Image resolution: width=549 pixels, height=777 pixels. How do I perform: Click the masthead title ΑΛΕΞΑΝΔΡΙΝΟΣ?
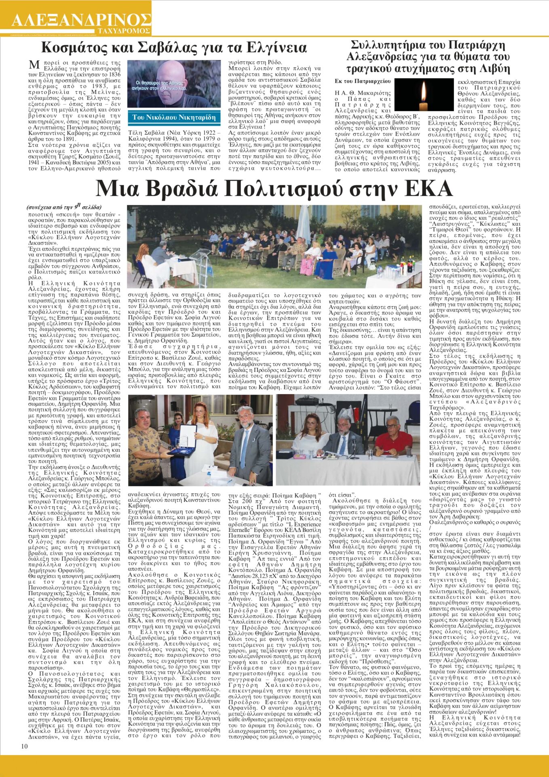click(x=81, y=19)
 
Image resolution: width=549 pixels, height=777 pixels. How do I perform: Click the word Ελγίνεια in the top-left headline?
click(x=276, y=48)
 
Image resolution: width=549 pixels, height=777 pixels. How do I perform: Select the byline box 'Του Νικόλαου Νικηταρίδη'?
click(x=174, y=117)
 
